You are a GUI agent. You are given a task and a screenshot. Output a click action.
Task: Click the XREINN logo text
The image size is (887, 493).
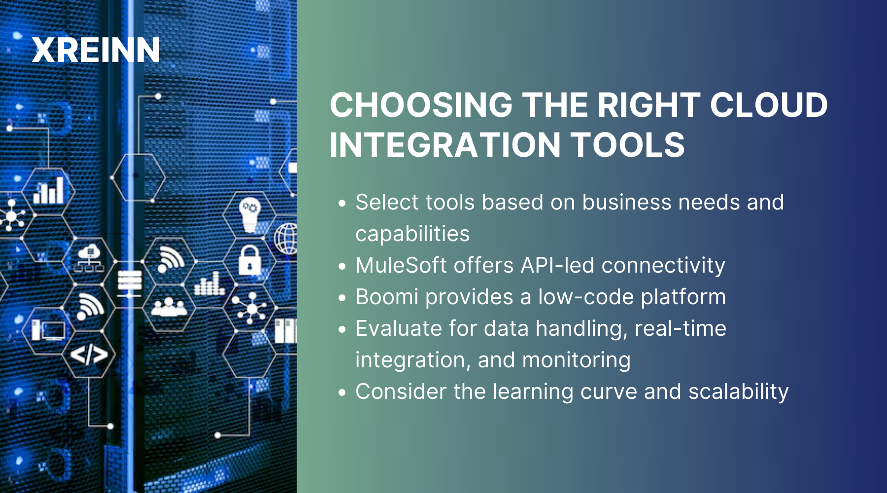(96, 50)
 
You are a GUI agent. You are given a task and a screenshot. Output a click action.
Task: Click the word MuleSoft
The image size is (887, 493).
(401, 265)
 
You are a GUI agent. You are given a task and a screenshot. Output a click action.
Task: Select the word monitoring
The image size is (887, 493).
(576, 360)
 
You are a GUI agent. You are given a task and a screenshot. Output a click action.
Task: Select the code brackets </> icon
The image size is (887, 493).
(89, 354)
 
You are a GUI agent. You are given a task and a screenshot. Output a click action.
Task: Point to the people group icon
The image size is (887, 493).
(169, 307)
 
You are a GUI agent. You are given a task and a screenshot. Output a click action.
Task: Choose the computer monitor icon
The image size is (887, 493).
(49, 330)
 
